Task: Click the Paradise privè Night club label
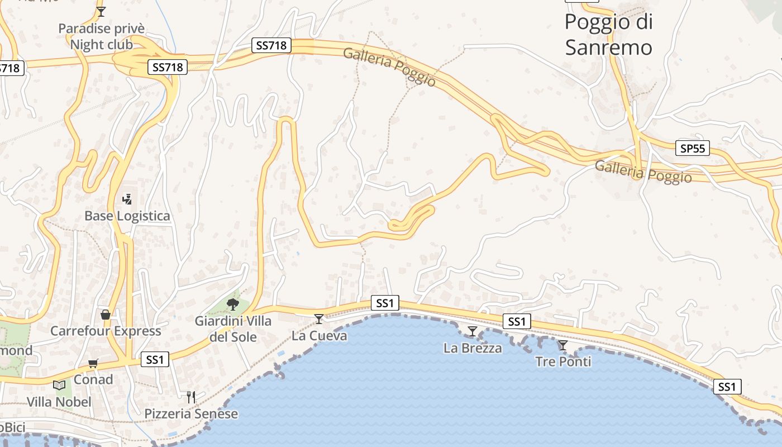pos(101,36)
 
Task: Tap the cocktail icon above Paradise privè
pos(101,11)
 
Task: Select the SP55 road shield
pos(693,148)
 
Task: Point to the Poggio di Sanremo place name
pos(608,35)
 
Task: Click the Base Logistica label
pos(127,216)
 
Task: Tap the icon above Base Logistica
pos(127,199)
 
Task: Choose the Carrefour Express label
pos(106,331)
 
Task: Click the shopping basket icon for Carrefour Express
pos(105,315)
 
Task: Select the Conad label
pos(93,379)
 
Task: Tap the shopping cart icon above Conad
pos(93,364)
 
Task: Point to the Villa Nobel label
pos(59,402)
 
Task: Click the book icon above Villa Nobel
pos(59,385)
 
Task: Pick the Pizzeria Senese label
pos(191,414)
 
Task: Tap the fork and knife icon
pos(191,397)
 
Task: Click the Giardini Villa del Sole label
pos(233,329)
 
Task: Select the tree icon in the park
pos(233,305)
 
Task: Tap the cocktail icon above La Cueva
pos(319,319)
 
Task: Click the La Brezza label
pos(473,348)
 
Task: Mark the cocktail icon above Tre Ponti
pos(563,345)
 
